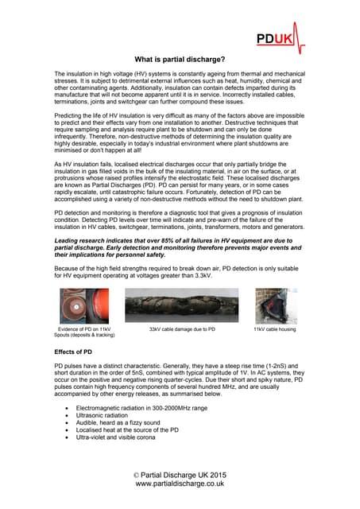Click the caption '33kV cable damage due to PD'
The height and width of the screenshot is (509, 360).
click(x=182, y=328)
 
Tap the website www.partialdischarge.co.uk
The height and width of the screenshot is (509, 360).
click(x=180, y=483)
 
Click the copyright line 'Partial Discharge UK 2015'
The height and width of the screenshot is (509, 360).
click(x=180, y=474)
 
